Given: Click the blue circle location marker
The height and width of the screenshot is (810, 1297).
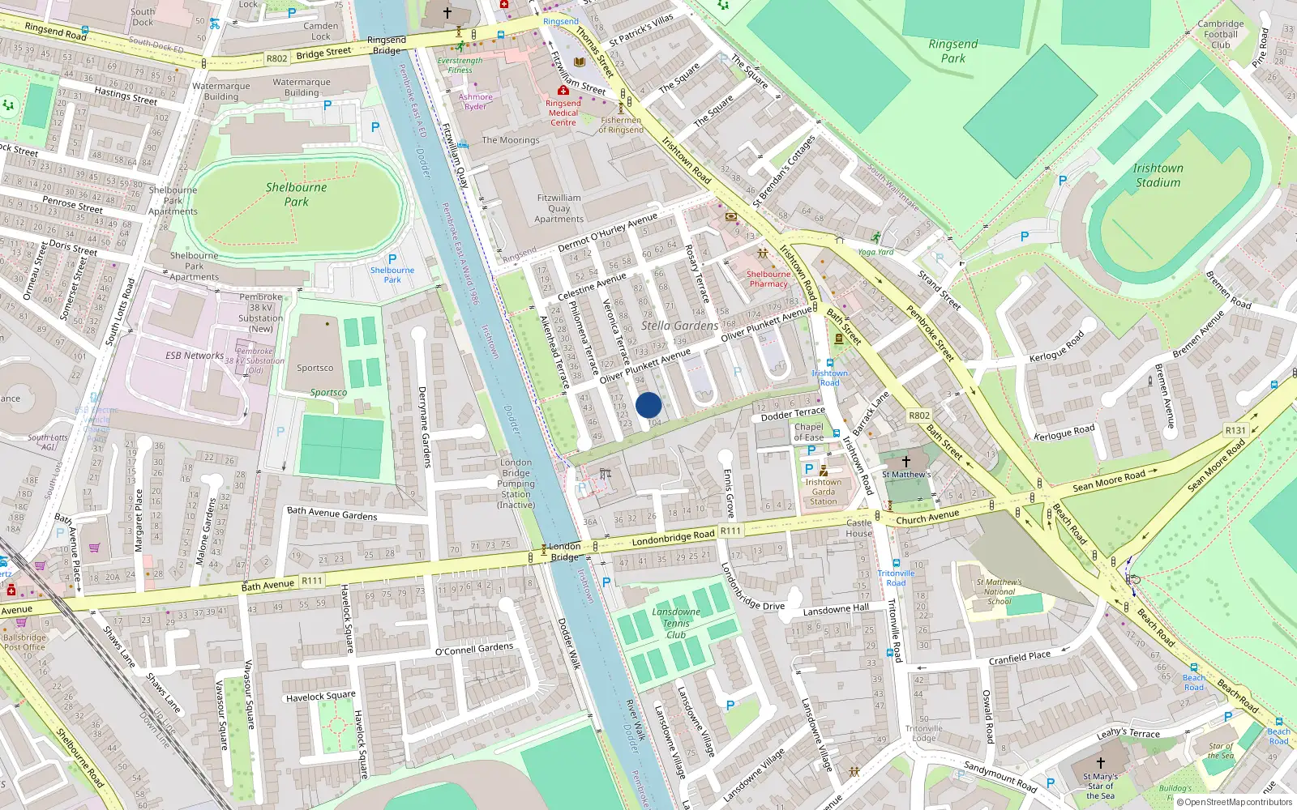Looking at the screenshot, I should point(648,405).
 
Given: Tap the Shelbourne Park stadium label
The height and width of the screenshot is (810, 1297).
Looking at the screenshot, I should point(297,194).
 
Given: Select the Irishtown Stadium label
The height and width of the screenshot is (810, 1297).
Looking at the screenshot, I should point(1158,175).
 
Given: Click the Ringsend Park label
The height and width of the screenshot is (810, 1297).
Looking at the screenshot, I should point(953,51).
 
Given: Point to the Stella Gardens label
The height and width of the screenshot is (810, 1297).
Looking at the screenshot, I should point(679,326).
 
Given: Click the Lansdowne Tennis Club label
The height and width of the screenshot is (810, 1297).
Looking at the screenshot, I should point(676,623).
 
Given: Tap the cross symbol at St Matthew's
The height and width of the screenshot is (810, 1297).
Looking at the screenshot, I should point(906,461).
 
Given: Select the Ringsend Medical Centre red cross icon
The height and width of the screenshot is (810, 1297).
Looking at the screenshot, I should point(563,91).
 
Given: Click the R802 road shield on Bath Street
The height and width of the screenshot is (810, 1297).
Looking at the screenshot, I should point(919,416).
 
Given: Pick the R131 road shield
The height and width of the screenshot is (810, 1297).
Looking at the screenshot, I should point(1235,430).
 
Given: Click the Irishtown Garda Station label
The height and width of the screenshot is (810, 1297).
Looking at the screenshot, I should point(823,492).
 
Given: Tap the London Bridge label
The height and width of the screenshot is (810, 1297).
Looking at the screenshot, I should point(565,552).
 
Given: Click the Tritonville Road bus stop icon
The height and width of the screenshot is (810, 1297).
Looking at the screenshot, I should point(896,563).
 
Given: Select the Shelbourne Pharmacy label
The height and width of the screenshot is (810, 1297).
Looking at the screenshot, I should point(768,279).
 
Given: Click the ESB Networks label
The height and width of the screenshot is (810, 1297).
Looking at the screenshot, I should point(195,355).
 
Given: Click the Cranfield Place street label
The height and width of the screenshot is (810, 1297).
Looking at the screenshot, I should point(1019,658).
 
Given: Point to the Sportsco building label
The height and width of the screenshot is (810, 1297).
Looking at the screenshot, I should point(315,368).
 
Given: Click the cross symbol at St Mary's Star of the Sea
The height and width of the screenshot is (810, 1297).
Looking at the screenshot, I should point(1100,762).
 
